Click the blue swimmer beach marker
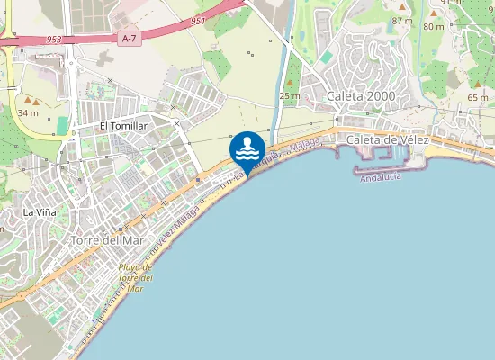247,148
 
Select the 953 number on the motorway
55,40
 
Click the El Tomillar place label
123,126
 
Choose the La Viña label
40,212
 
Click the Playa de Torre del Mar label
135,278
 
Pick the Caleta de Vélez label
389,139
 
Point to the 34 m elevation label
28,112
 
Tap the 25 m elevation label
289,95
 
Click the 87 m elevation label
402,20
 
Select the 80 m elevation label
434,27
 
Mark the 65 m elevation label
478,97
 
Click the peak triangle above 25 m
289,84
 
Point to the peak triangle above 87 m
402,7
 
